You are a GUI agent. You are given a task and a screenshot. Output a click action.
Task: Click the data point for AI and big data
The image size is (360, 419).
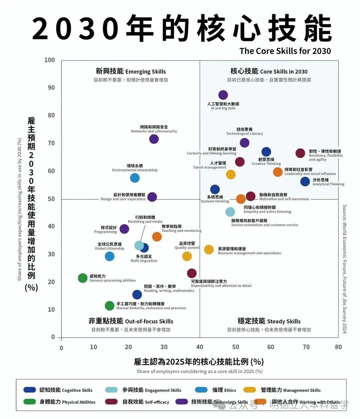click(223, 95)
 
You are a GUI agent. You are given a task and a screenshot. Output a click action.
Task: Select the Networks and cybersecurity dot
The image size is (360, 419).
click(154, 139)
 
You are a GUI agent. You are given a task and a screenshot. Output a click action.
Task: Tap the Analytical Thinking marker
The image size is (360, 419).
click(305, 181)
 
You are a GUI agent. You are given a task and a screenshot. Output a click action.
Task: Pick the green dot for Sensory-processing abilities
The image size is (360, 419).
click(83, 278)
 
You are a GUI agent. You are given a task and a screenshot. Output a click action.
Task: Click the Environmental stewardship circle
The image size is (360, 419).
click(135, 178)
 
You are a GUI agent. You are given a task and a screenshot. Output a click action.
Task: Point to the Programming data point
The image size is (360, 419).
click(124, 229)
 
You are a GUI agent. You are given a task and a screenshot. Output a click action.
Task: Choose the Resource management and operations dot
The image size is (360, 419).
click(209, 249)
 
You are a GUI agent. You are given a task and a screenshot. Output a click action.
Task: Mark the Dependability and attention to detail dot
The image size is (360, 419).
click(192, 273)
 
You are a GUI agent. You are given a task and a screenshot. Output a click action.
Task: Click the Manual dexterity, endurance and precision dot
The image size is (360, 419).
click(109, 306)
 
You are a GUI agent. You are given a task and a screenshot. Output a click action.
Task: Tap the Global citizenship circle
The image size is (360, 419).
click(109, 256)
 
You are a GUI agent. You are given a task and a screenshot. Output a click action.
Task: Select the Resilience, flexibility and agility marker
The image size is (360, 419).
click(300, 153)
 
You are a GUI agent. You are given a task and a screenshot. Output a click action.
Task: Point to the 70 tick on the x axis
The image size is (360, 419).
click(306, 347)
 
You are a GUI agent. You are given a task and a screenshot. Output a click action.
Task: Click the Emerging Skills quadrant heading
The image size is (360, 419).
click(131, 71)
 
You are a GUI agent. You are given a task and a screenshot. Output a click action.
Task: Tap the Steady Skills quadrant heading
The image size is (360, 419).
click(269, 321)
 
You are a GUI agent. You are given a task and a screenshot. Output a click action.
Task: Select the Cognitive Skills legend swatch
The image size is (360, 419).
click(30, 390)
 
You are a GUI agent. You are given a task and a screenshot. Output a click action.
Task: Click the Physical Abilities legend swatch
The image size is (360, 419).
click(30, 402)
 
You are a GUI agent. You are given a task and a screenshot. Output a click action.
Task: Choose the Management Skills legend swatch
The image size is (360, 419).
click(250, 390)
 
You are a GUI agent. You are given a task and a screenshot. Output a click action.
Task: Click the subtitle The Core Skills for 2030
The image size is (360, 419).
click(285, 51)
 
